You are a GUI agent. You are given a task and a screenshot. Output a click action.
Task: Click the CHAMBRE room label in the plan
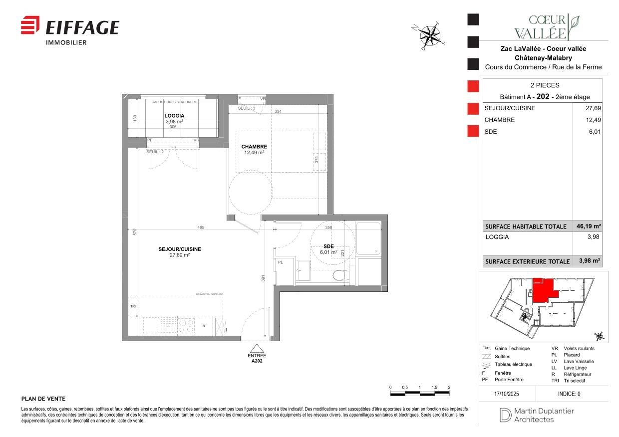(254, 147)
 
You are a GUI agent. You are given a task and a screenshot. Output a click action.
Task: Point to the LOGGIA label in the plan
(174, 116)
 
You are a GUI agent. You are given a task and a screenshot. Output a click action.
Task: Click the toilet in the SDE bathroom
(340, 275)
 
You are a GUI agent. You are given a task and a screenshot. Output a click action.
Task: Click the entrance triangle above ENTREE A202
(257, 348)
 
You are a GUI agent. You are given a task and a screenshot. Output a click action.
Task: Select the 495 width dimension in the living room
(201, 227)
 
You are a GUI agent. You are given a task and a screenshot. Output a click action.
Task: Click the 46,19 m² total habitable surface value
(590, 226)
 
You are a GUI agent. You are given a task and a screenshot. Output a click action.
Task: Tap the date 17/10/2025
(507, 394)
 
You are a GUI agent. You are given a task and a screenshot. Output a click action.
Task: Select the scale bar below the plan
(420, 394)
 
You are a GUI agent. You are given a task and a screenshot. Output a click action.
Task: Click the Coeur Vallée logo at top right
(546, 27)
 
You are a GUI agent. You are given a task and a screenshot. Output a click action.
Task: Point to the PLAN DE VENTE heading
(43, 399)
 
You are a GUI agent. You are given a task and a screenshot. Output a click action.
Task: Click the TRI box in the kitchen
(133, 306)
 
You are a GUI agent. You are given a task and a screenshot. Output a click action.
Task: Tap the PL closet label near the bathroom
(280, 262)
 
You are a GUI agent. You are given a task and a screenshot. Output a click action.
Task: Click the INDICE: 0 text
(569, 394)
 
